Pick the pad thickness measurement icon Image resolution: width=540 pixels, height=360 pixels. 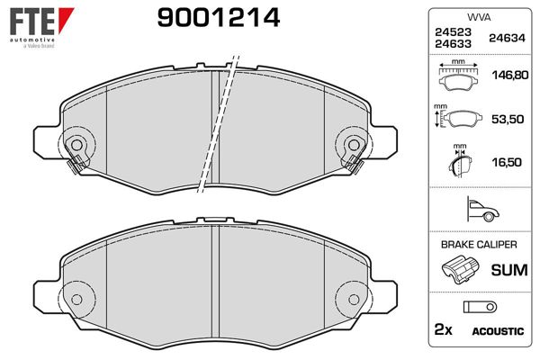[x=459, y=163]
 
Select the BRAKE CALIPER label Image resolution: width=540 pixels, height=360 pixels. [x=477, y=245]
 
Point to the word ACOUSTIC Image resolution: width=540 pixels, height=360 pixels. [x=498, y=331]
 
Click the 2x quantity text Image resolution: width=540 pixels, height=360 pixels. [x=443, y=330]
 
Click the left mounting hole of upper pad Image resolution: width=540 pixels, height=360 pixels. [x=77, y=144]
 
